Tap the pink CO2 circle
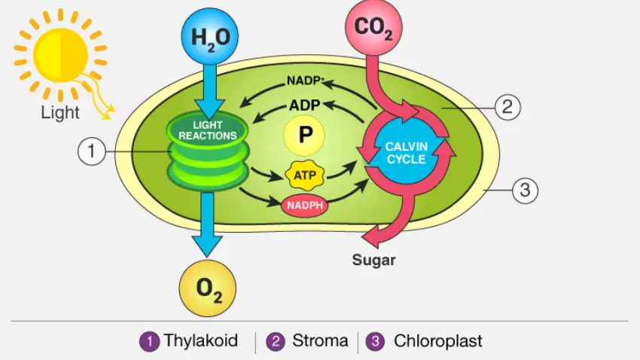click(x=373, y=27)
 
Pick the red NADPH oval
click(x=304, y=205)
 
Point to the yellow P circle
click(x=304, y=136)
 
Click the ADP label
click(x=306, y=105)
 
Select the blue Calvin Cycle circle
click(x=406, y=152)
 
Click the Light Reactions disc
click(x=207, y=130)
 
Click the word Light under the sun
click(x=60, y=113)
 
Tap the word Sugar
click(x=374, y=261)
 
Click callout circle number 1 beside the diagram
click(x=91, y=151)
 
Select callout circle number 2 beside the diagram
click(x=507, y=107)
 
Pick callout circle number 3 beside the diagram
click(x=526, y=191)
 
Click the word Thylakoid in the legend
click(x=201, y=341)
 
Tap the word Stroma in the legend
click(x=318, y=341)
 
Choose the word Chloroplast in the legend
click(x=438, y=341)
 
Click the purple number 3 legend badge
click(x=375, y=341)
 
